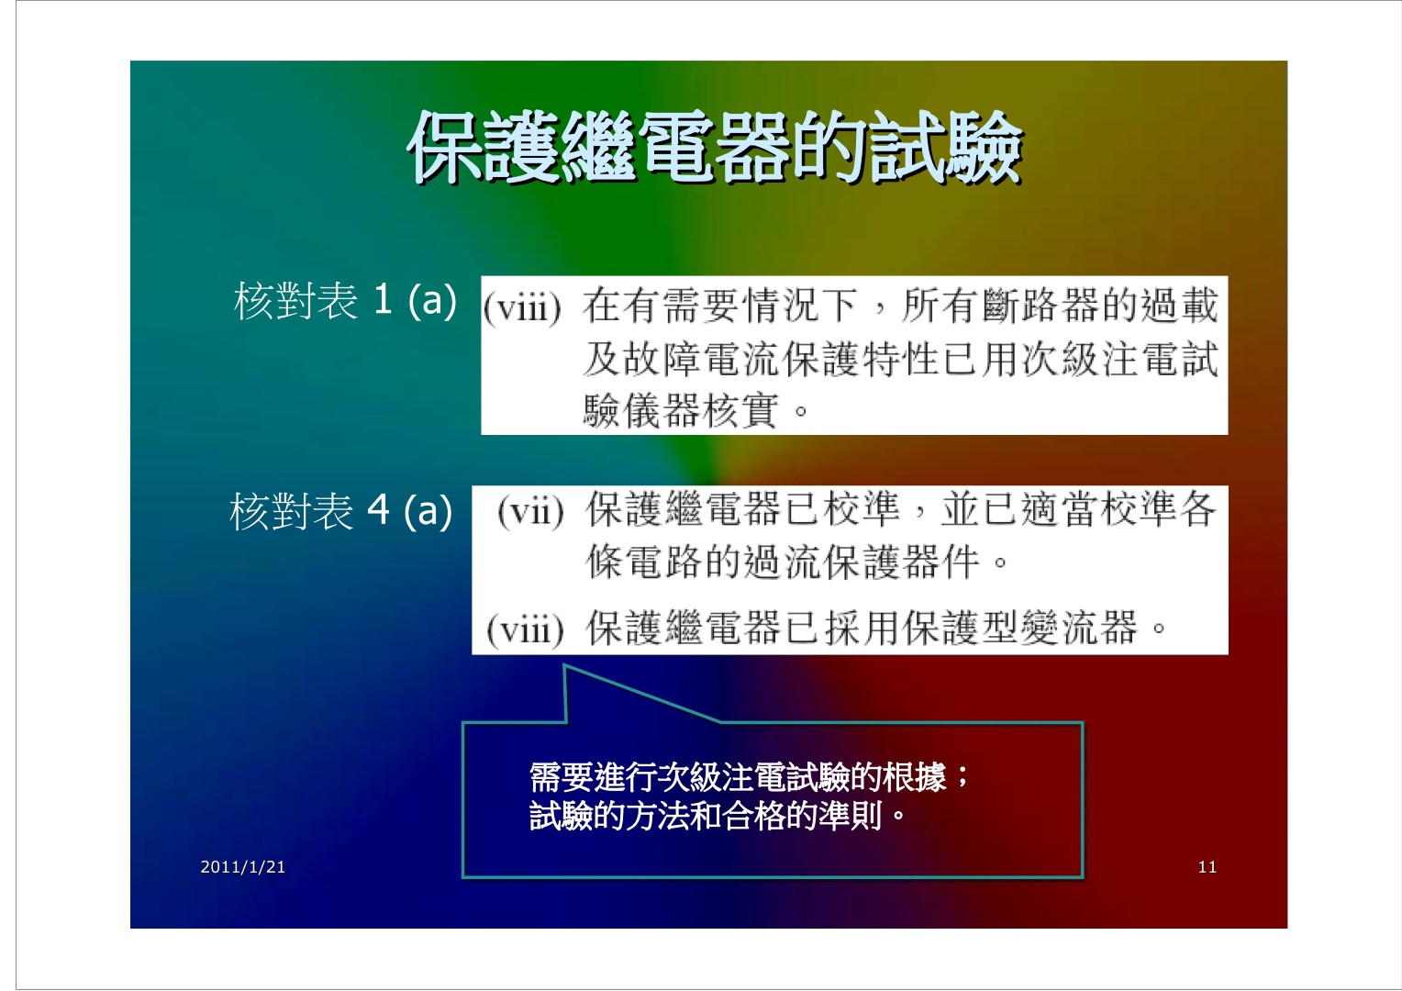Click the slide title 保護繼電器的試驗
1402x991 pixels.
pyautogui.click(x=714, y=148)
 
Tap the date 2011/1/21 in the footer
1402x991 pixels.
pyautogui.click(x=243, y=866)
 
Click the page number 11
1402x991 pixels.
pyautogui.click(x=1207, y=866)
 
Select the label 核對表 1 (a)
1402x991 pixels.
pyautogui.click(x=345, y=300)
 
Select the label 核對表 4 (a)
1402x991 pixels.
pyautogui.click(x=340, y=510)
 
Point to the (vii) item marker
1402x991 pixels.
pyautogui.click(x=530, y=512)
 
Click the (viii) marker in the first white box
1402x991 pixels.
pyautogui.click(x=521, y=308)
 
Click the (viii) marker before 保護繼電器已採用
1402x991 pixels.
pyautogui.click(x=525, y=629)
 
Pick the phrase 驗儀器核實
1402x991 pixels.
pyautogui.click(x=680, y=411)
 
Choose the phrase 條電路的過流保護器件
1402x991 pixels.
pyautogui.click(x=783, y=561)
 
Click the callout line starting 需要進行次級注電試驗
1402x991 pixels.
pyautogui.click(x=749, y=777)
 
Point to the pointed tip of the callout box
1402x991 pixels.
pyautogui.click(x=564, y=665)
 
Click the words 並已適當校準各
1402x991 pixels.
pyautogui.click(x=1078, y=508)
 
